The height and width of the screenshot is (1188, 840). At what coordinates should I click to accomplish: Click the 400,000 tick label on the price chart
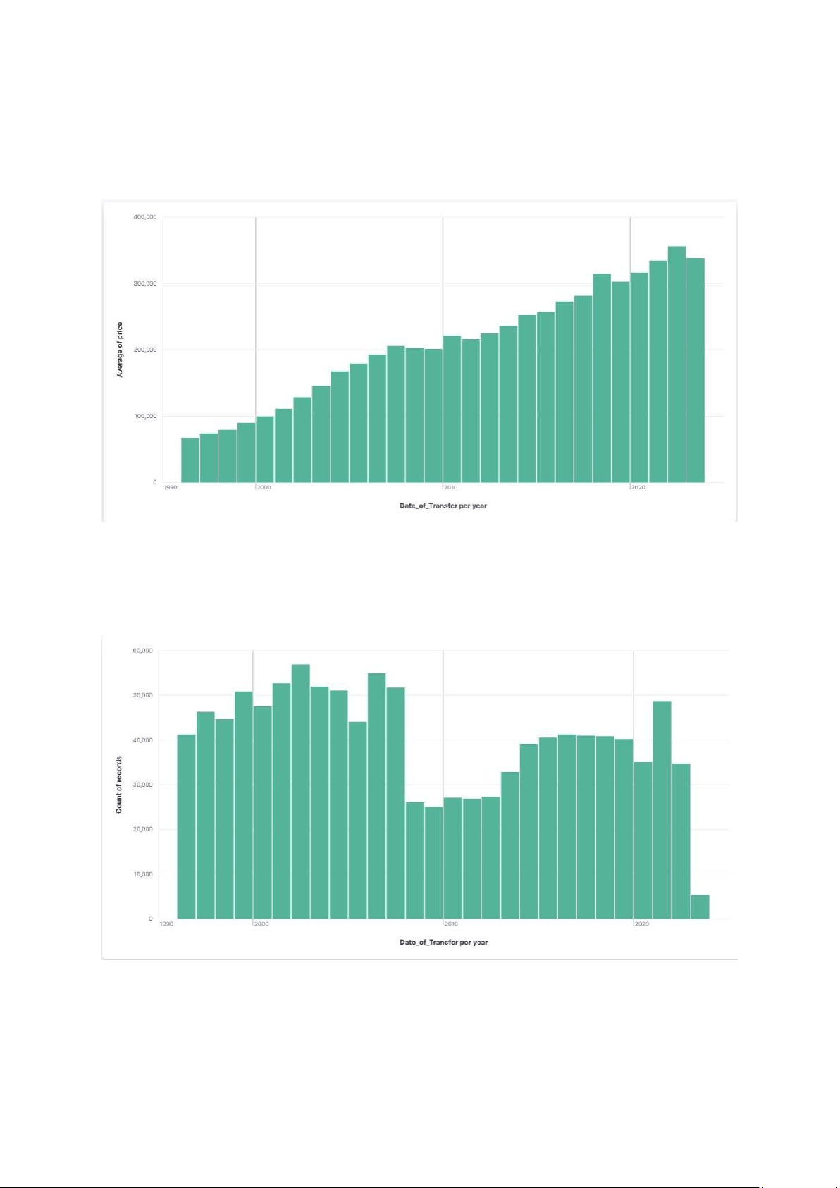pos(145,217)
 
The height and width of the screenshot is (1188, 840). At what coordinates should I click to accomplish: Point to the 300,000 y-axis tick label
pos(145,283)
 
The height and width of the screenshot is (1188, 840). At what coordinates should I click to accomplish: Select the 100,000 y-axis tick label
pos(145,416)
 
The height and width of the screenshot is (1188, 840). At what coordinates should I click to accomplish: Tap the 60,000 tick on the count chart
pos(142,651)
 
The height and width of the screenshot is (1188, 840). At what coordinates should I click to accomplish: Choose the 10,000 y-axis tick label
pos(142,874)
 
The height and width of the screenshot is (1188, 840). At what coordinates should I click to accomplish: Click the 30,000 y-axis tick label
pos(142,785)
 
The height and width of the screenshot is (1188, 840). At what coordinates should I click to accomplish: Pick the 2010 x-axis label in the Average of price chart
pos(450,487)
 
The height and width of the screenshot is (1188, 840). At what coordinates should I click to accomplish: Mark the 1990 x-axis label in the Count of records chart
pos(166,924)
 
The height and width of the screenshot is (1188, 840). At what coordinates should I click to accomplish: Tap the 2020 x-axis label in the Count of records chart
pos(641,924)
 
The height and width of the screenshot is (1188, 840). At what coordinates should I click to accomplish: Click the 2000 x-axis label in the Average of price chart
pos(264,487)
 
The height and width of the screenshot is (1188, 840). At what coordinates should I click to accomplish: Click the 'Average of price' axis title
pos(120,350)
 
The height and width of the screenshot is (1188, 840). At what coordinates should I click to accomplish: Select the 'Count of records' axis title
pos(119,785)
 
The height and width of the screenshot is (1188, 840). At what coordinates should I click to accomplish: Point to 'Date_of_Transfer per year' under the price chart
pos(443,506)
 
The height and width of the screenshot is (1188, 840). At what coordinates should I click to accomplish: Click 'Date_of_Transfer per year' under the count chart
pos(444,942)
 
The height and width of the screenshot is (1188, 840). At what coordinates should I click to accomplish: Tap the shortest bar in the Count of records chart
pos(700,907)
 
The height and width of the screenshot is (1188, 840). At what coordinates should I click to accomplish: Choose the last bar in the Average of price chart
pos(696,370)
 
